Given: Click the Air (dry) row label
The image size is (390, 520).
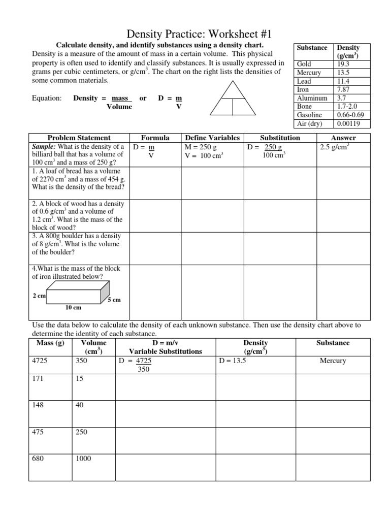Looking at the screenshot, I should tap(310, 123).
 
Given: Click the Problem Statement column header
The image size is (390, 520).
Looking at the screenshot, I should tap(79, 138).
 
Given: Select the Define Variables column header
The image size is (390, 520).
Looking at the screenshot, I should tap(212, 138).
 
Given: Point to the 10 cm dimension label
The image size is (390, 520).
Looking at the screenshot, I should tap(73, 307).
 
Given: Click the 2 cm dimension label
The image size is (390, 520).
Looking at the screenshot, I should tap(39, 296).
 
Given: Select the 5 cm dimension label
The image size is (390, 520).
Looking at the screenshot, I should tap(114, 300).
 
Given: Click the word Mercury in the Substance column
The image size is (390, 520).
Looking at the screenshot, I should tap(333, 361).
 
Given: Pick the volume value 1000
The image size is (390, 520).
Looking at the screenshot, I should tap(83, 459).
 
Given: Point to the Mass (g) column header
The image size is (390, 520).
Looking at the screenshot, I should tap(51, 343).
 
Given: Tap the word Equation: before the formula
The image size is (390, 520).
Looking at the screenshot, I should tap(47, 98).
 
